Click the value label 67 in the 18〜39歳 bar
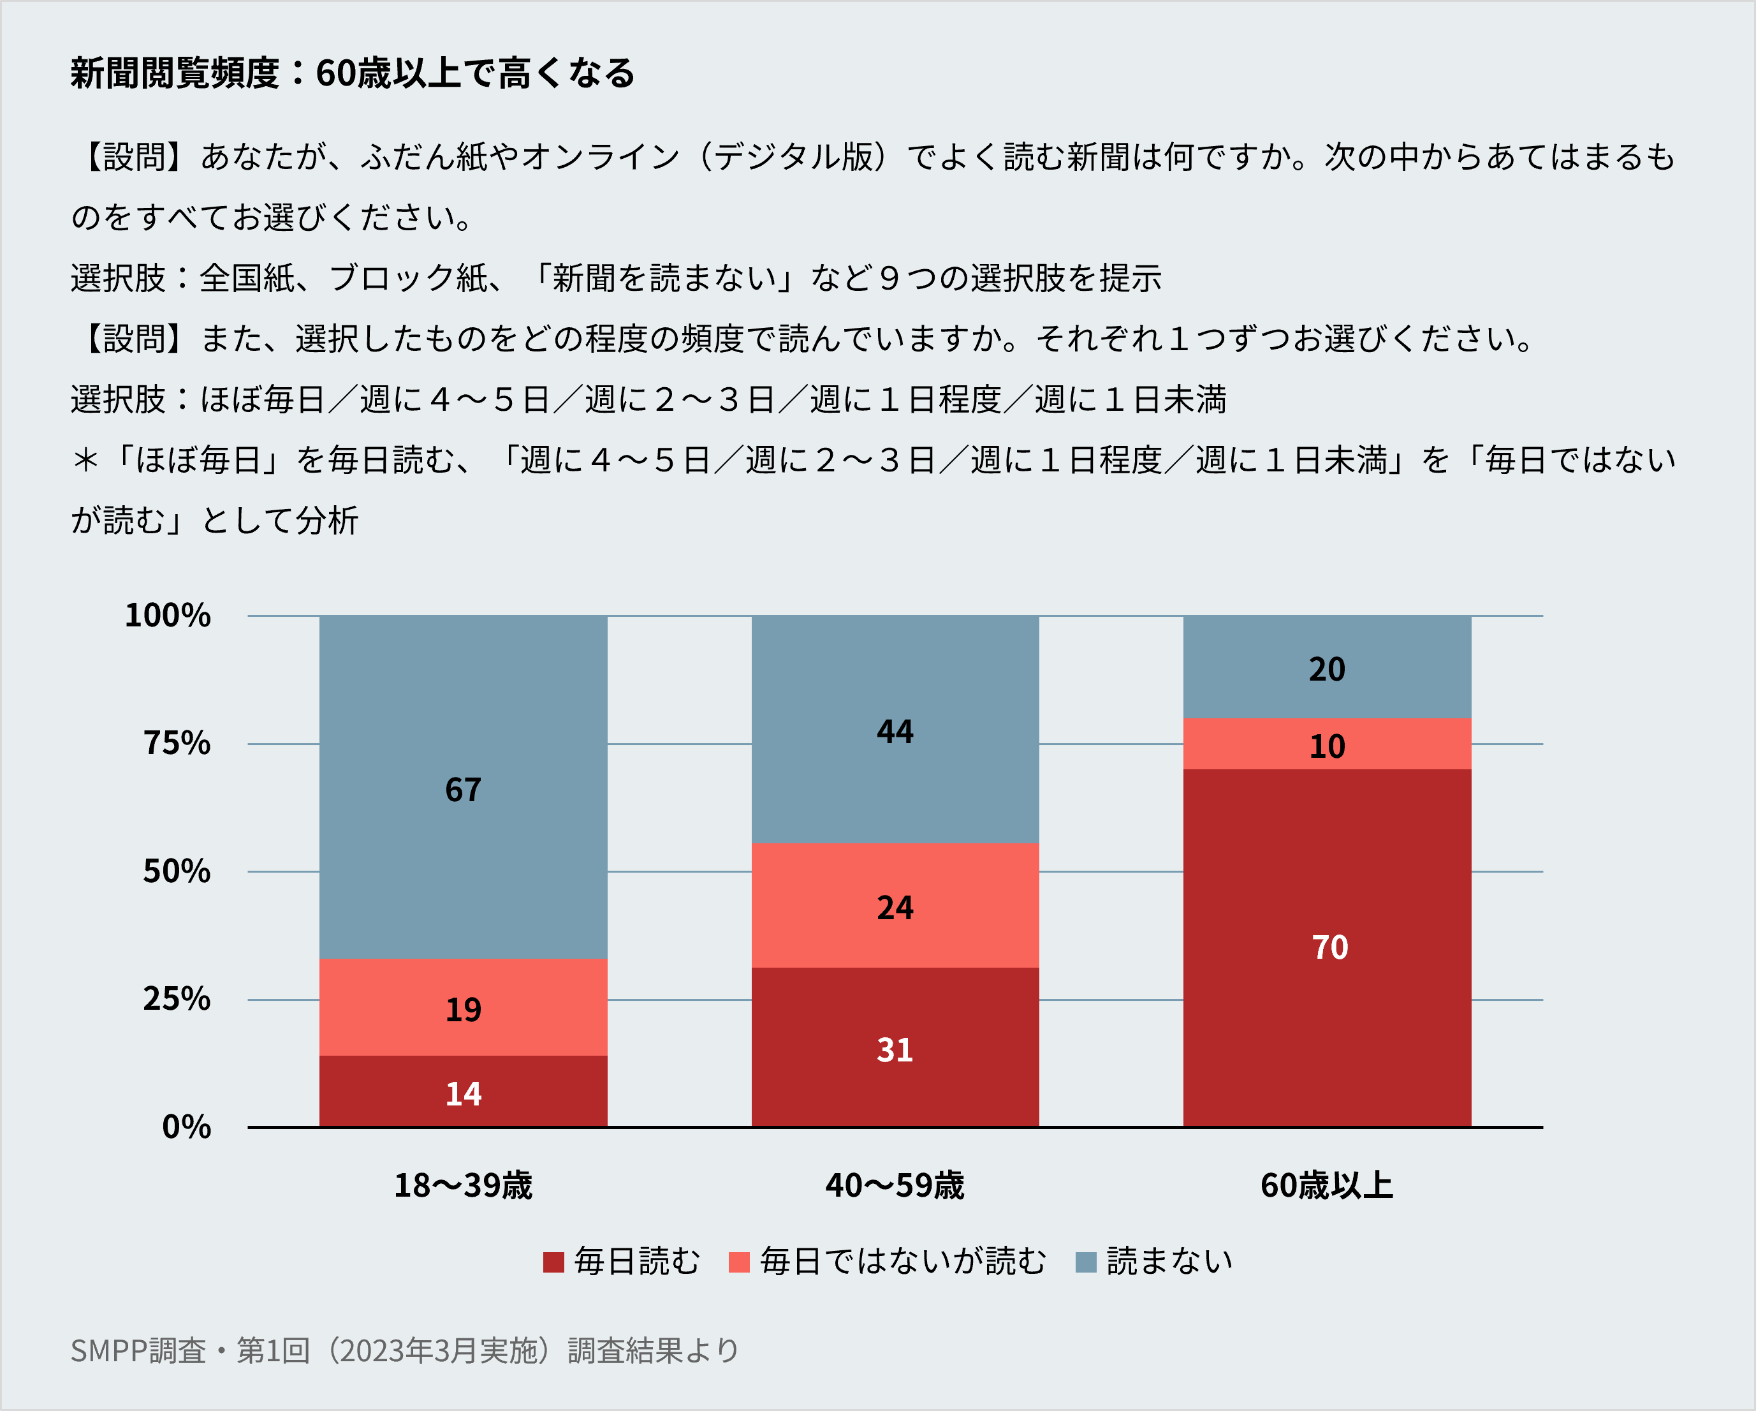pyautogui.click(x=463, y=790)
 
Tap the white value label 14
pyautogui.click(x=463, y=1094)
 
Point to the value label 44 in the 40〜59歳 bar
pyautogui.click(x=895, y=732)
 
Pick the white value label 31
pyautogui.click(x=895, y=1050)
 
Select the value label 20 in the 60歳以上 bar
pyautogui.click(x=1327, y=670)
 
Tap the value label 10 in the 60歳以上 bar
pyautogui.click(x=1327, y=746)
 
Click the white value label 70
pyautogui.click(x=1329, y=947)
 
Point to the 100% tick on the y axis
pyautogui.click(x=168, y=615)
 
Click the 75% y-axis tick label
pyautogui.click(x=177, y=743)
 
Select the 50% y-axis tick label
pyautogui.click(x=177, y=871)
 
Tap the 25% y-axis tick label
pyautogui.click(x=177, y=999)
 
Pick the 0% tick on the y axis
pyautogui.click(x=187, y=1127)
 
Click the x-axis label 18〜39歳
pyautogui.click(x=463, y=1185)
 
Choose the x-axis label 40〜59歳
pyautogui.click(x=895, y=1185)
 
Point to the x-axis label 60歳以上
pyautogui.click(x=1327, y=1185)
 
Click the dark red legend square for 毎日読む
pyautogui.click(x=554, y=1262)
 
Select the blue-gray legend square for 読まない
pyautogui.click(x=1086, y=1262)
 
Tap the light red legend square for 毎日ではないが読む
pyautogui.click(x=739, y=1262)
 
